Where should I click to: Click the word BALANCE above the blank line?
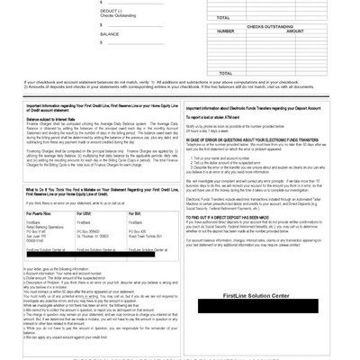109,34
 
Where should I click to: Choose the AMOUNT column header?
294,31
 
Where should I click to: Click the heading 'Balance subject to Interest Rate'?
50,118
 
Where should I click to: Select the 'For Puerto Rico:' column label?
41,211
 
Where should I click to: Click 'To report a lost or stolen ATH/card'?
220,118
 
